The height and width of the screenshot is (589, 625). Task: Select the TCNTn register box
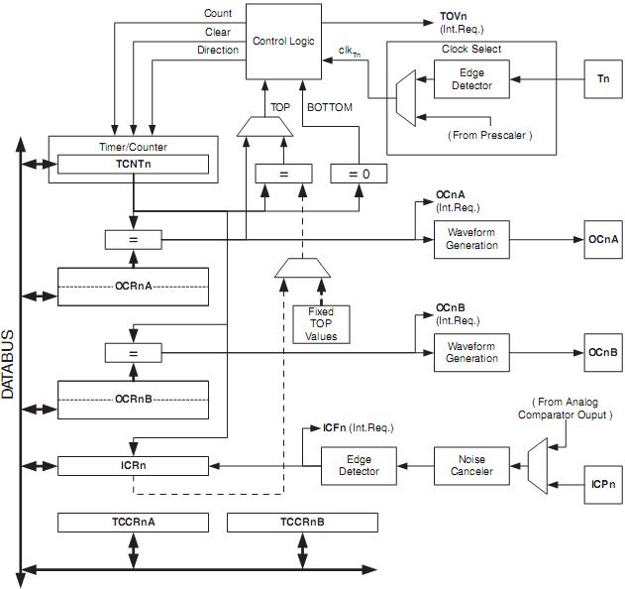coord(134,164)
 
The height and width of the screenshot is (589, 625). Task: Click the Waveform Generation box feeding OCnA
coord(471,239)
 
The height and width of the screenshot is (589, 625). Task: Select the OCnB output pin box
coord(602,352)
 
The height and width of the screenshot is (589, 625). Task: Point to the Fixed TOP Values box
coord(321,324)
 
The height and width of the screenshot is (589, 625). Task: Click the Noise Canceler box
coord(471,465)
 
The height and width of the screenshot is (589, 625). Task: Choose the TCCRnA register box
coord(134,522)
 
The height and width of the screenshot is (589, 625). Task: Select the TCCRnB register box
coord(302,522)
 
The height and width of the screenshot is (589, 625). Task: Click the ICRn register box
coord(134,464)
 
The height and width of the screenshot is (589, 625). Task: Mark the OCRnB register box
coord(134,399)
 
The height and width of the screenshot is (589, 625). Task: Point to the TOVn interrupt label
coord(455,17)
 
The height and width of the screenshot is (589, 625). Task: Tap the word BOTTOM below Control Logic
coord(330,107)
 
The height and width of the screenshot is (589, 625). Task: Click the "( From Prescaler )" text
coord(489,135)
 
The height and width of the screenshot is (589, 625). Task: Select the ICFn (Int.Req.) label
coord(358,427)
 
